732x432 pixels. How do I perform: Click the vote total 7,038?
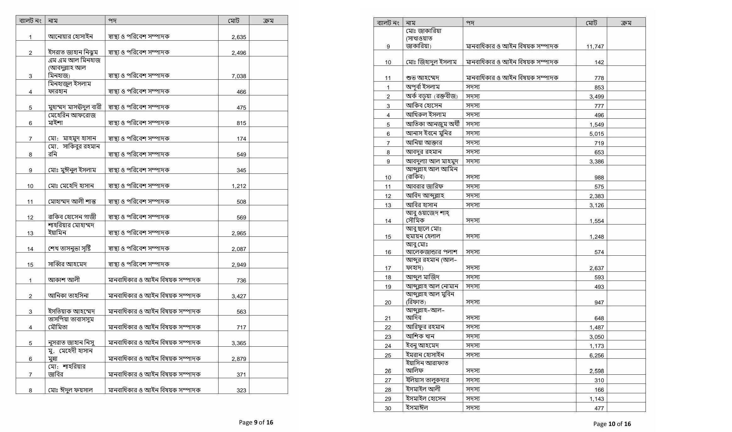tap(239, 76)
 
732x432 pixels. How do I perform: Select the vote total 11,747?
tap(595, 47)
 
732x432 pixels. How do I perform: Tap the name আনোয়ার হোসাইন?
tap(70, 37)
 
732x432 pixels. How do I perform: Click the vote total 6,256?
tap(596, 355)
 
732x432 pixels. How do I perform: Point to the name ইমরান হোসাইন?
tap(425, 355)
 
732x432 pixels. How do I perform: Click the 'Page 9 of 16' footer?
tap(256, 422)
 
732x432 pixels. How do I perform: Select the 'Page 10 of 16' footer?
tap(612, 424)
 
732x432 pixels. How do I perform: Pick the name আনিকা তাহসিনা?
tap(68, 296)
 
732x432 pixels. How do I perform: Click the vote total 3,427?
tap(239, 296)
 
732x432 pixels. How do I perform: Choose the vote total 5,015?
tap(596, 134)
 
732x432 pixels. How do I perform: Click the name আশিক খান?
tap(420, 336)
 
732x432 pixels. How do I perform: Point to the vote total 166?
tap(599, 390)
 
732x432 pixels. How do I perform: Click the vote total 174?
tap(241, 139)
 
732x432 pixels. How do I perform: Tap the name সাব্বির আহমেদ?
tap(67, 264)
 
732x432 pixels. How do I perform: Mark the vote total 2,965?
tap(239, 233)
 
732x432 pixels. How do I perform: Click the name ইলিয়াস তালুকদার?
tap(427, 380)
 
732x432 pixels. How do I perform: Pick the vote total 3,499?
tap(596, 97)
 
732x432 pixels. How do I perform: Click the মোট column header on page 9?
tap(234, 21)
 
